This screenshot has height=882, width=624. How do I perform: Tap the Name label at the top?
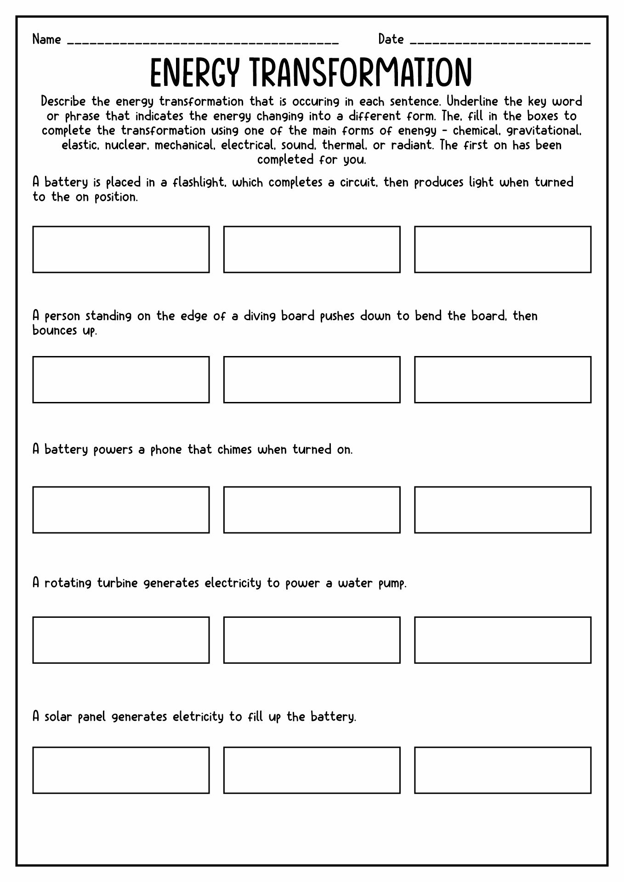pos(46,40)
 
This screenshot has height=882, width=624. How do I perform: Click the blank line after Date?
pos(499,42)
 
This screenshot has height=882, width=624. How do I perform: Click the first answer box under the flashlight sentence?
pos(121,249)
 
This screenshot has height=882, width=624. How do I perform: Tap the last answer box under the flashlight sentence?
pos(502,249)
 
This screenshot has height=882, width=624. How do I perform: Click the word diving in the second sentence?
pos(260,316)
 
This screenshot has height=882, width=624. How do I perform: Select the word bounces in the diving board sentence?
pos(55,331)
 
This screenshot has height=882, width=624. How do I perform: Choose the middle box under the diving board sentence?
pos(312,379)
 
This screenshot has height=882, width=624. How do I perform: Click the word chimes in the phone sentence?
pos(234,449)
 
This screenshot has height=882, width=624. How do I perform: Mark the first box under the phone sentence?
pos(121,510)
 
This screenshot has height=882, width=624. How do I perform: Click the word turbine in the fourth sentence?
pos(117,583)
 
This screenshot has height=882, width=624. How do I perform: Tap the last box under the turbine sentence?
pos(502,640)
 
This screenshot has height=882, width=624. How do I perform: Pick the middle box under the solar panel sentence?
pos(312,770)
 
